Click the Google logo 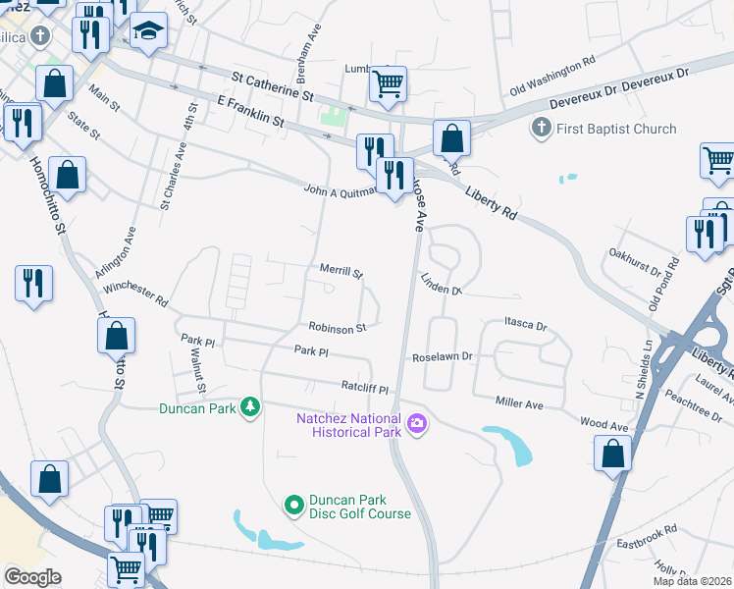[x=32, y=577]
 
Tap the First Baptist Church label [x=616, y=129]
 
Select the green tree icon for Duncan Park [x=251, y=406]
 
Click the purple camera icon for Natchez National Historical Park [x=417, y=423]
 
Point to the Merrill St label [x=341, y=270]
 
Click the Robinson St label [x=337, y=328]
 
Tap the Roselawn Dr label [x=443, y=357]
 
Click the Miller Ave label [x=519, y=403]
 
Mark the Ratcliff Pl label [x=365, y=389]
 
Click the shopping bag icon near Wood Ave [x=612, y=454]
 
